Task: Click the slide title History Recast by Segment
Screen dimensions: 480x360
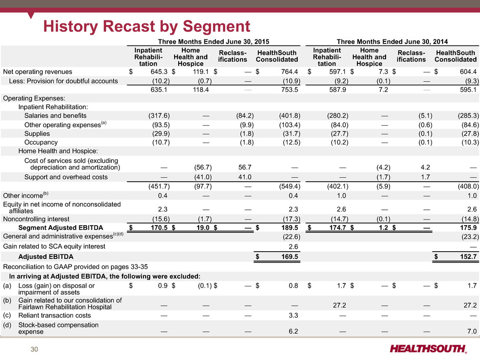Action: click(147, 26)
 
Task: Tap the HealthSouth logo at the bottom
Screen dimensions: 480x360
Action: click(428, 349)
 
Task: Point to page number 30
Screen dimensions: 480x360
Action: click(34, 349)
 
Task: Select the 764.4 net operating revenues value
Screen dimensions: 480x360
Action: click(290, 71)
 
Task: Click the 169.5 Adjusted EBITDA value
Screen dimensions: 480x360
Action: click(290, 256)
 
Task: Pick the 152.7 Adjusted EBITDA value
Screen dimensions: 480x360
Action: click(468, 256)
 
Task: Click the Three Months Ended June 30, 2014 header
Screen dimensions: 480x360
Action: click(392, 42)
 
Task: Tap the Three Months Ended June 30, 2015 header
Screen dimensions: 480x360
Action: click(213, 42)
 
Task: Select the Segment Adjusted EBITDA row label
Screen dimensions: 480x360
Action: click(61, 228)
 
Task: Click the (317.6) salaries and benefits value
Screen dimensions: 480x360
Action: click(159, 116)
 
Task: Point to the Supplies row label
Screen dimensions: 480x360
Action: click(37, 134)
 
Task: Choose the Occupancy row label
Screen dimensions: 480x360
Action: click(41, 142)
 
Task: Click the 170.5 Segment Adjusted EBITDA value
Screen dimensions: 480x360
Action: click(159, 228)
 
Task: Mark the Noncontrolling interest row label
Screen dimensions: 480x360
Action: click(36, 219)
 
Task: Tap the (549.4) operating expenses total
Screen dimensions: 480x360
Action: click(290, 186)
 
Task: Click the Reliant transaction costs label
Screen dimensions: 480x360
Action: click(55, 316)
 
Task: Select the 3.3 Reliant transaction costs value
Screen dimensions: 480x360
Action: click(293, 316)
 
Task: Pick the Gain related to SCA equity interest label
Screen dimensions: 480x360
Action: click(54, 247)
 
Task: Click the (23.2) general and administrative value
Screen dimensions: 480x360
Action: click(470, 236)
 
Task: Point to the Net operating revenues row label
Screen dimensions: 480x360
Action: click(38, 72)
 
